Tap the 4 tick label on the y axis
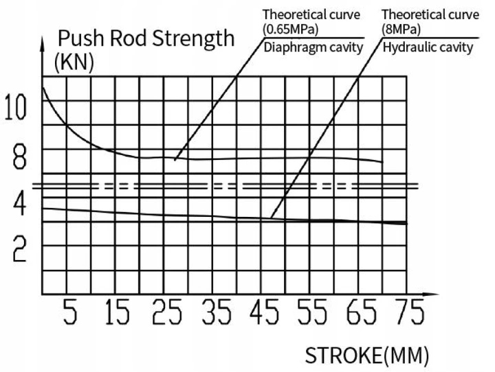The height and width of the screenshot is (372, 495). (x=19, y=204)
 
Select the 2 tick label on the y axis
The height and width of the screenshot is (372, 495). (x=19, y=251)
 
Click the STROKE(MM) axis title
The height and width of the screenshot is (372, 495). (x=367, y=356)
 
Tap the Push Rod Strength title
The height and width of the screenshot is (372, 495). (x=146, y=38)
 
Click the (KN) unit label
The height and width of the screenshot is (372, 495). (x=74, y=62)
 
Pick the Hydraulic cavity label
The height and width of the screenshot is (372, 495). (x=428, y=47)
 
